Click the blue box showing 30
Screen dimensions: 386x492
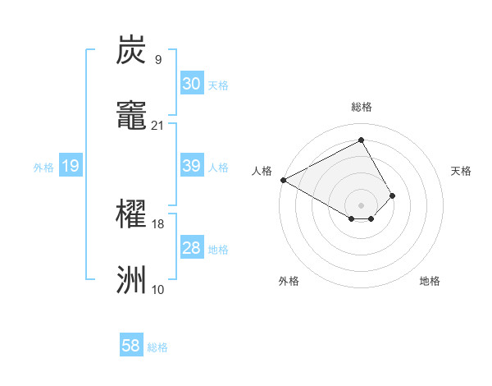coord(192,84)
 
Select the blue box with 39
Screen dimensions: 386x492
coord(192,166)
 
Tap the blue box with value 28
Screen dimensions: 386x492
coord(192,248)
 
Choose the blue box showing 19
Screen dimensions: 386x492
coord(71,167)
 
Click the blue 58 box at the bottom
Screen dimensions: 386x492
coord(131,346)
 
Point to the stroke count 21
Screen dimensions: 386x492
coord(157,125)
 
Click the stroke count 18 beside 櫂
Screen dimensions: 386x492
coord(157,223)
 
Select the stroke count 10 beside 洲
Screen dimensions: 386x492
coord(157,289)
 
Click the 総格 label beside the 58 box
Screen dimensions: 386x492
coord(157,347)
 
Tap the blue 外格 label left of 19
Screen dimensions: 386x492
coord(43,168)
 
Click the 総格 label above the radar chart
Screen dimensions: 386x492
coord(362,107)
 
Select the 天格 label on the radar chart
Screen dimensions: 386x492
coord(461,171)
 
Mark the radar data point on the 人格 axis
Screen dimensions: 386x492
coord(283,180)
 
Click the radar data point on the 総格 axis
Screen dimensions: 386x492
coord(362,140)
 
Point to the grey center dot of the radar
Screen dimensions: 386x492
coord(362,204)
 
